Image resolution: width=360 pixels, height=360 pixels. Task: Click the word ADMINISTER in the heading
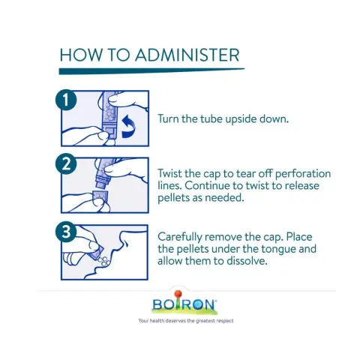(187, 55)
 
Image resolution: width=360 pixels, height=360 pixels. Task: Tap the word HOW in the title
(81, 55)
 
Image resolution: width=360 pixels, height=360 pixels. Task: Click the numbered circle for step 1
(65, 100)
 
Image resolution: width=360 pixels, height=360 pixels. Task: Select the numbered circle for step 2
(65, 164)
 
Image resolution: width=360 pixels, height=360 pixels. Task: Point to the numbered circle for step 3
(65, 232)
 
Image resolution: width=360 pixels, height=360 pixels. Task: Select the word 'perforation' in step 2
(303, 174)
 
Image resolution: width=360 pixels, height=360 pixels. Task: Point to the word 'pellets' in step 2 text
(173, 198)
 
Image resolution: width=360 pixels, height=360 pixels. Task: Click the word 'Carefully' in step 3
(180, 237)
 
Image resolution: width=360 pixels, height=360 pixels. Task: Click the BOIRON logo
(184, 303)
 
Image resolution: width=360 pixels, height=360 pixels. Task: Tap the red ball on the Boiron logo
(178, 293)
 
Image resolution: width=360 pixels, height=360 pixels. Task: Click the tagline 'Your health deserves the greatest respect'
(186, 321)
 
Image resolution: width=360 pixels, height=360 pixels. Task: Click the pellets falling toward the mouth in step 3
(103, 260)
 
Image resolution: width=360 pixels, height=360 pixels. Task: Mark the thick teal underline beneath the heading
(151, 71)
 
